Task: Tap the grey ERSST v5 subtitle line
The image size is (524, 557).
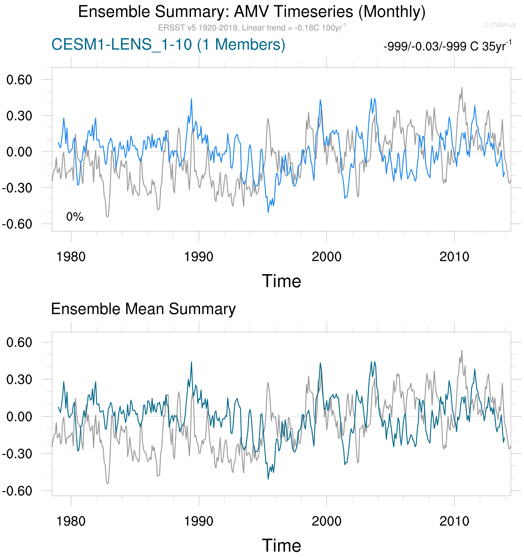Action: (x=251, y=28)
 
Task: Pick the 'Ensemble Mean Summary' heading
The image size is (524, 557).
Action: (x=143, y=309)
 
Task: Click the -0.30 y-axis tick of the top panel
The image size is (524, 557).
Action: (x=17, y=188)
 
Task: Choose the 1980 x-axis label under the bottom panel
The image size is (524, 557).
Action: (x=71, y=521)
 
